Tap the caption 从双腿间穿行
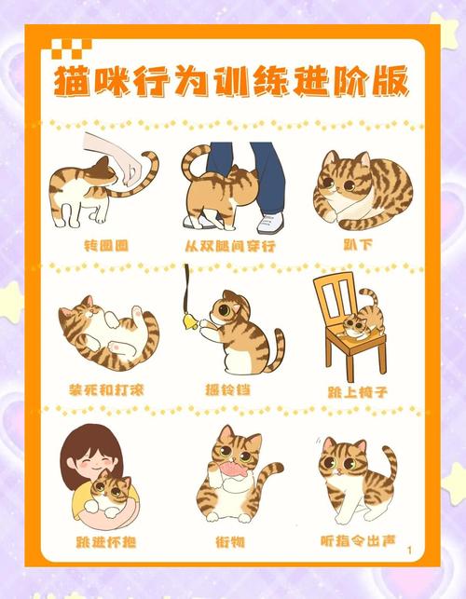pyautogui.click(x=232, y=246)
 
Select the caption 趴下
pyautogui.click(x=357, y=246)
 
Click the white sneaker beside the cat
pyautogui.click(x=269, y=223)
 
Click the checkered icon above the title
pyautogui.click(x=64, y=48)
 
